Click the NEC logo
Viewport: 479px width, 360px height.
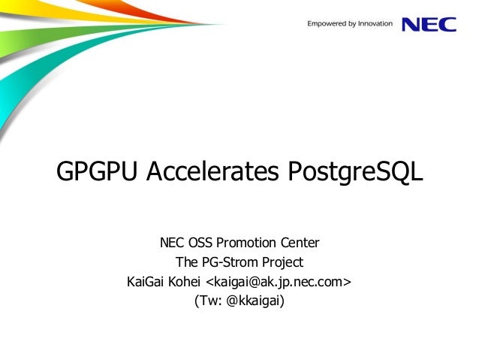click(429, 25)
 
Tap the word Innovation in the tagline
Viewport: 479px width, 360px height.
click(375, 24)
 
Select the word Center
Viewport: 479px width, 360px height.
click(300, 244)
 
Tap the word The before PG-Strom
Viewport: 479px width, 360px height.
click(187, 263)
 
